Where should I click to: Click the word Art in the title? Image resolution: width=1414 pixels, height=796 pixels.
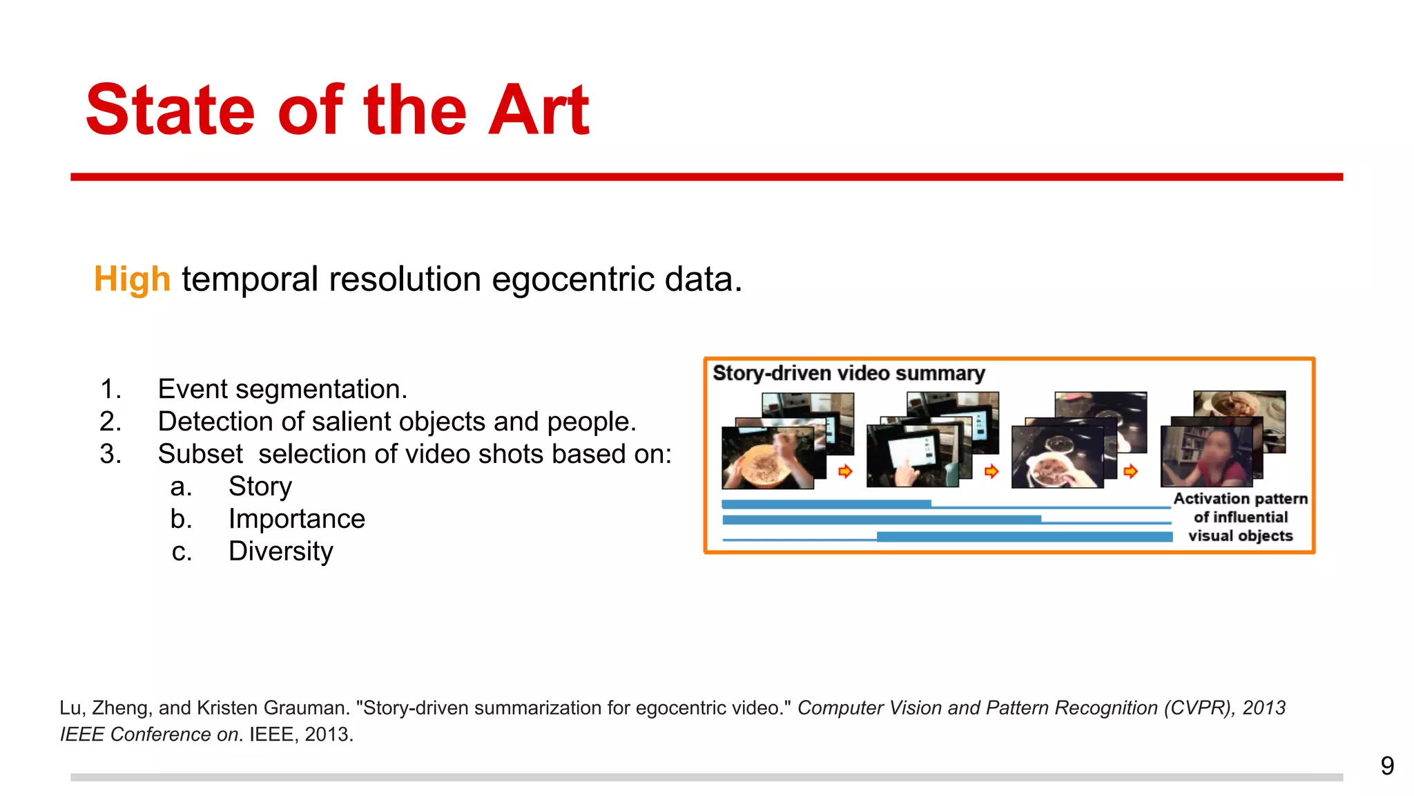[x=538, y=111]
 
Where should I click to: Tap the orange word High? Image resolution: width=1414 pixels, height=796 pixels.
[x=132, y=279]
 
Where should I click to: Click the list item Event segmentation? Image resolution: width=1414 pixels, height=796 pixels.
[x=282, y=389]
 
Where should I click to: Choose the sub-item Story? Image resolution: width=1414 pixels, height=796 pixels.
[x=260, y=486]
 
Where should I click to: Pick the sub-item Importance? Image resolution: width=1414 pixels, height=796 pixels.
[x=296, y=519]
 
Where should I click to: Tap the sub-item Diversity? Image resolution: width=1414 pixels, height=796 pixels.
[x=280, y=551]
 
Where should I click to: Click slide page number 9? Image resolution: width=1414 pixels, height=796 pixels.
[x=1386, y=766]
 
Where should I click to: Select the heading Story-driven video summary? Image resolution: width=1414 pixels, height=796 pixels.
[x=848, y=373]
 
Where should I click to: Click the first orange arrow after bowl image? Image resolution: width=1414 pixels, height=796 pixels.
[x=845, y=471]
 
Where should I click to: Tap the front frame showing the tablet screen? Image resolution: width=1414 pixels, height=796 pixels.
[x=911, y=456]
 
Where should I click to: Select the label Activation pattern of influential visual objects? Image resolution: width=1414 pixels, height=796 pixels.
[x=1240, y=517]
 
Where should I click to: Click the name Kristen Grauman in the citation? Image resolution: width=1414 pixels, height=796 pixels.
[x=273, y=708]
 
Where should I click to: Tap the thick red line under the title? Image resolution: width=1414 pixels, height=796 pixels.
[x=706, y=177]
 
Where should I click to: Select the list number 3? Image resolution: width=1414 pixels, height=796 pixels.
[x=110, y=454]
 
